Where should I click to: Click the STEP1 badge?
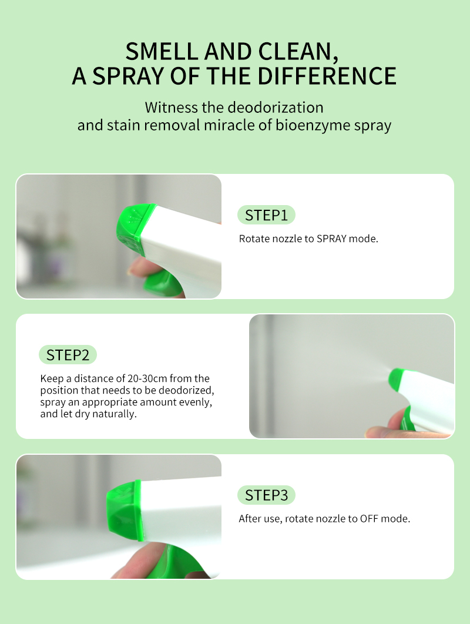pyautogui.click(x=266, y=215)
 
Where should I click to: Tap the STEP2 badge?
pyautogui.click(x=68, y=354)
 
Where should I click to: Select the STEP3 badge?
pyautogui.click(x=266, y=495)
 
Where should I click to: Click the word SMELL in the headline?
pyautogui.click(x=162, y=52)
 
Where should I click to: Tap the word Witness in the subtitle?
pyautogui.click(x=171, y=108)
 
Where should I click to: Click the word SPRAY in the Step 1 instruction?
pyautogui.click(x=331, y=239)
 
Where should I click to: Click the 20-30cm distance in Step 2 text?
pyautogui.click(x=147, y=378)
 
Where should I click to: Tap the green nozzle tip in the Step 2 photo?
pyautogui.click(x=397, y=378)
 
